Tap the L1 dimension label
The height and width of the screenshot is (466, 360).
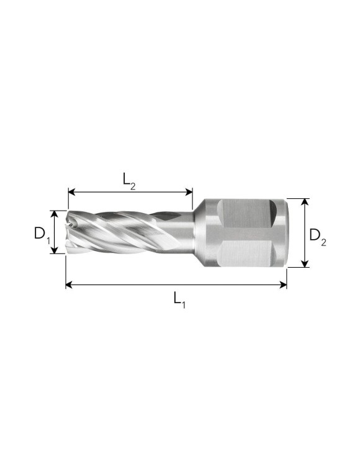pyautogui.click(x=179, y=299)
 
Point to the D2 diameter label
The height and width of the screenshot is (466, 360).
pyautogui.click(x=317, y=236)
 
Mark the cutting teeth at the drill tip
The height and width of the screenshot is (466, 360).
pyautogui.click(x=73, y=232)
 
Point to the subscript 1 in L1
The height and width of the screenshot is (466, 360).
pyautogui.click(x=184, y=304)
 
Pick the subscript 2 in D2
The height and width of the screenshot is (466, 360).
pyautogui.click(x=323, y=241)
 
